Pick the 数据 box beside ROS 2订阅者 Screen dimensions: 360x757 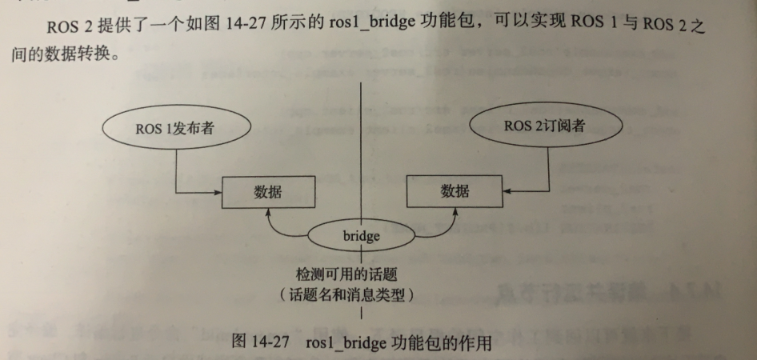455,192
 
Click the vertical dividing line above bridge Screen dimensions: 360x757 364,160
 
